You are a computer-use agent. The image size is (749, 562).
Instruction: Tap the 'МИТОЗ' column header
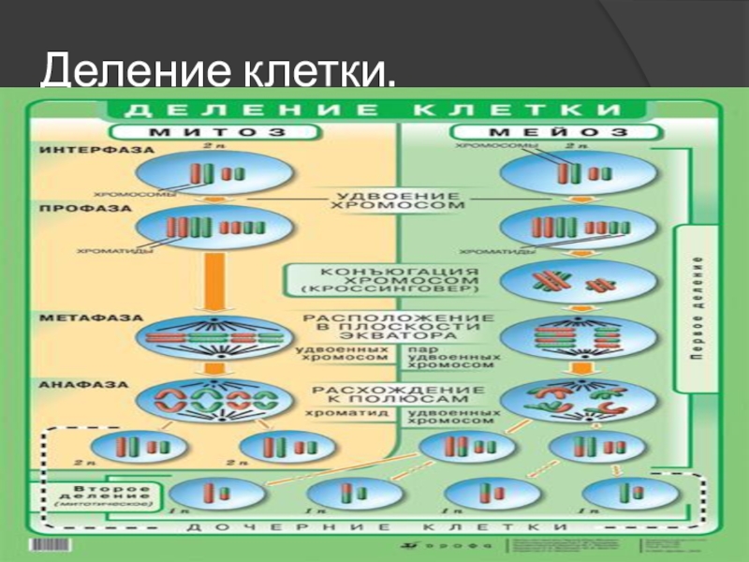199,131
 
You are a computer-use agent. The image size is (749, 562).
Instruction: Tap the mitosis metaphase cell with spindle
212,338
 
